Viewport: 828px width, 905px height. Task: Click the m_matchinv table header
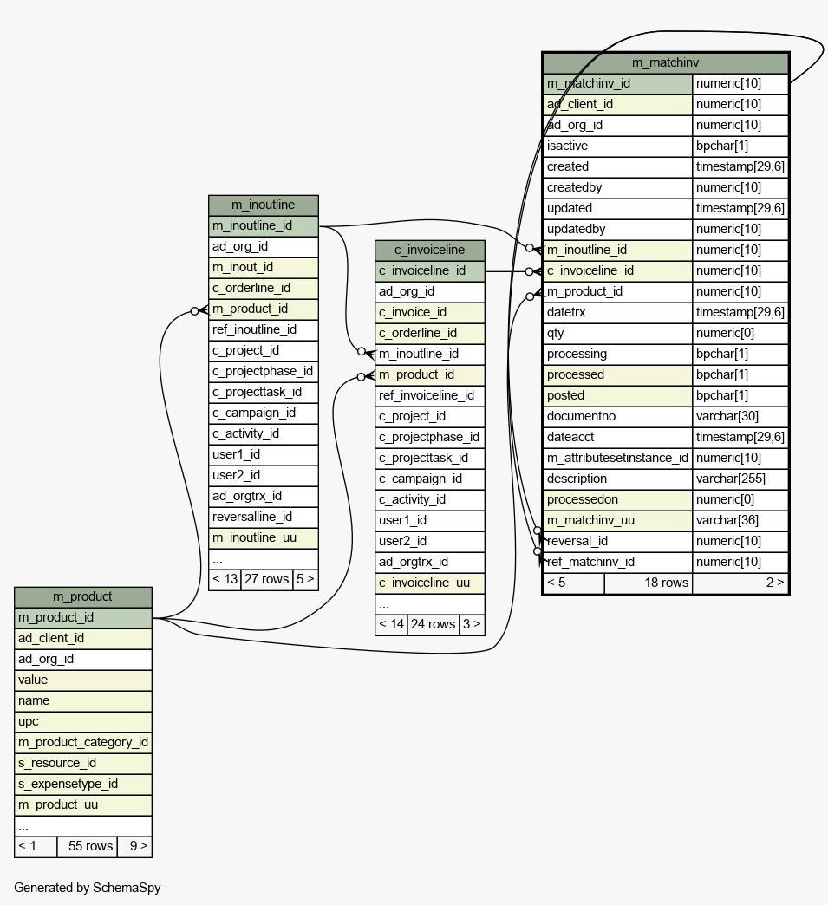point(665,62)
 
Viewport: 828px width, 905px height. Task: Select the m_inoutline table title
point(263,205)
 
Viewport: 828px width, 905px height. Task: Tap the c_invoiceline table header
point(429,250)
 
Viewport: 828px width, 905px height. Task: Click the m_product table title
point(82,596)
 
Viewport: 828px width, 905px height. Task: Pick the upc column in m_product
point(83,721)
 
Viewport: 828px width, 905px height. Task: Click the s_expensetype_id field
point(83,784)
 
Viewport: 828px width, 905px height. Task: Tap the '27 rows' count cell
point(265,579)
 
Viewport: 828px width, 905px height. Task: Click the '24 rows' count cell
point(432,624)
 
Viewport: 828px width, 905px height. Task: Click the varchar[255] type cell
point(740,479)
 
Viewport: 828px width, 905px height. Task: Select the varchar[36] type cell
point(740,520)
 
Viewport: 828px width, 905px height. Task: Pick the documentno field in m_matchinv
point(617,416)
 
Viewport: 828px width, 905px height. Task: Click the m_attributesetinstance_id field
point(617,458)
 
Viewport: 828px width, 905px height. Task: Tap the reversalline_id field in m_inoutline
point(263,517)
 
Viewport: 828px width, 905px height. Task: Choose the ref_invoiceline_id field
point(429,395)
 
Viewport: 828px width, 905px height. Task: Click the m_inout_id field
point(263,267)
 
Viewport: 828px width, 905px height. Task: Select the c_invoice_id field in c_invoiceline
point(429,312)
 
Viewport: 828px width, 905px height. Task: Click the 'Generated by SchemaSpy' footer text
point(88,888)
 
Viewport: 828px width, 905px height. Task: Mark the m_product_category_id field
point(83,742)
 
